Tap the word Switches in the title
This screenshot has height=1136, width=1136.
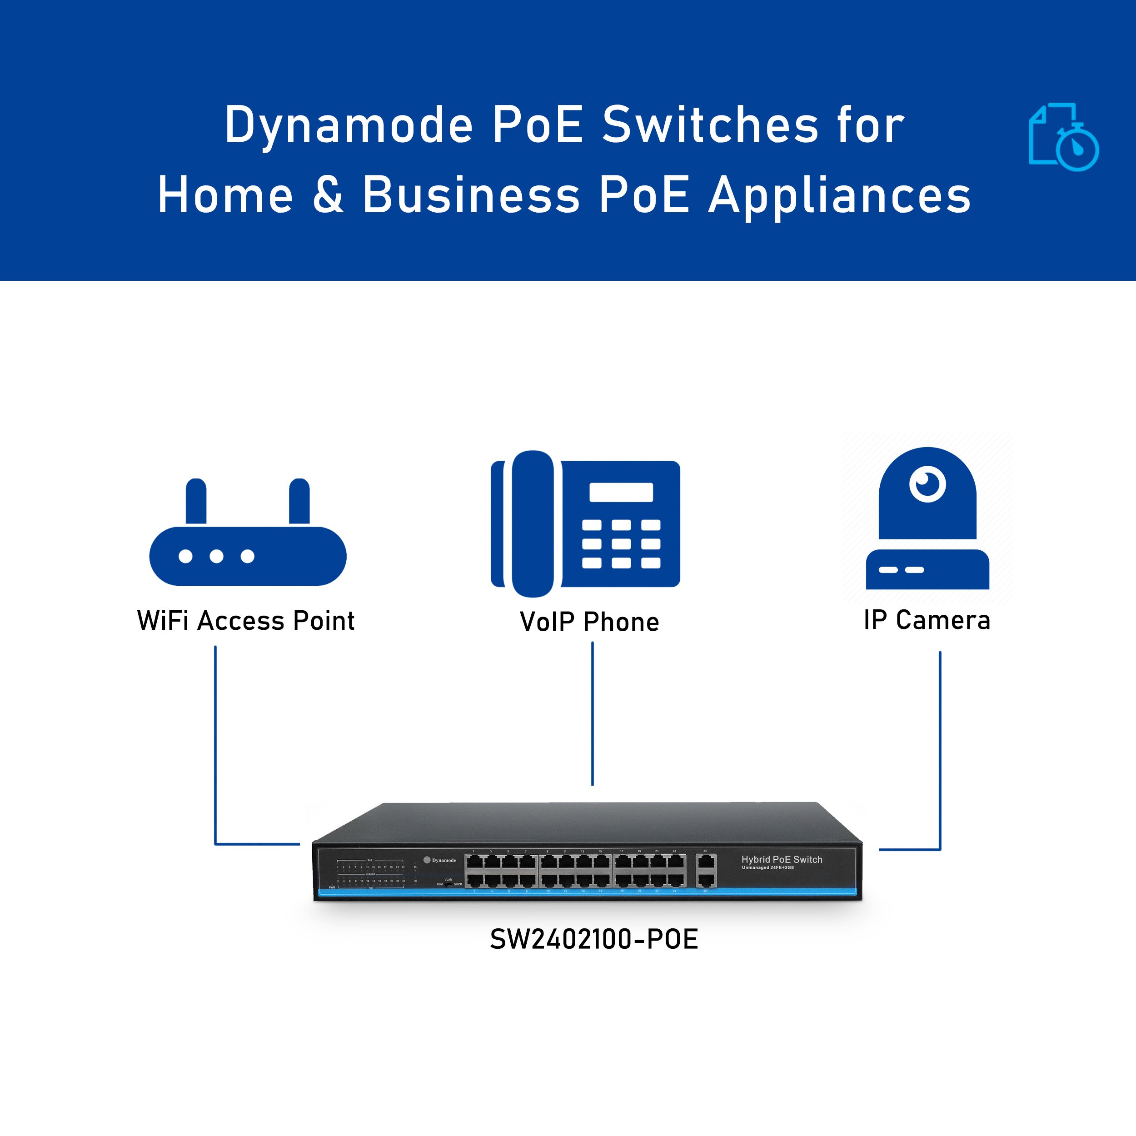[710, 125]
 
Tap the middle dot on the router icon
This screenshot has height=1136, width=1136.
[216, 556]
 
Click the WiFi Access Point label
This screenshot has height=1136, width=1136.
[245, 621]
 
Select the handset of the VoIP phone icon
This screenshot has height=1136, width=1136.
[532, 523]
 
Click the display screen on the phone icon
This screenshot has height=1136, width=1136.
[621, 492]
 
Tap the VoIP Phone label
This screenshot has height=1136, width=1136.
[589, 622]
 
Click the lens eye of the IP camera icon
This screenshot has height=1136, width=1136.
[927, 484]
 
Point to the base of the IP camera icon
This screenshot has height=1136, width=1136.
[927, 569]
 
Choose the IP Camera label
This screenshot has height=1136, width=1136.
[927, 620]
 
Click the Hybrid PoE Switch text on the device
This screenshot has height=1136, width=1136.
[782, 860]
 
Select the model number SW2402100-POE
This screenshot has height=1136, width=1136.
[594, 939]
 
